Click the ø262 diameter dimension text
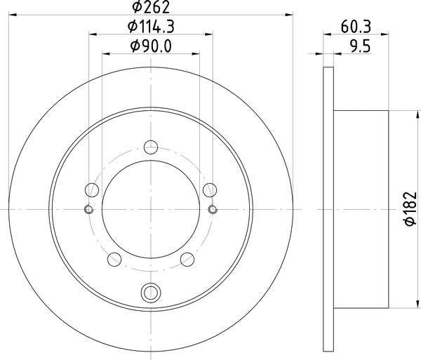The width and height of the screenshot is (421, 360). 151,9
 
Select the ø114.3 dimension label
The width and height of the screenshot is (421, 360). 151,27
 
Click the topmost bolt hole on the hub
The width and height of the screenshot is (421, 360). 151,147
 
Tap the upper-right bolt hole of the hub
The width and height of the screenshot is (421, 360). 209,189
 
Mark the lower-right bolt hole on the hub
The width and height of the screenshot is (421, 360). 187,258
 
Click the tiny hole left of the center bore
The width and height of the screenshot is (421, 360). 88,209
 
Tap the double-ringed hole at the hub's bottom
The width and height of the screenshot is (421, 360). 151,293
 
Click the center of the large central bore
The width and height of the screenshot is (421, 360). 151,209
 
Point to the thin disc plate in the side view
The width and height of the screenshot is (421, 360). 328,209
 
